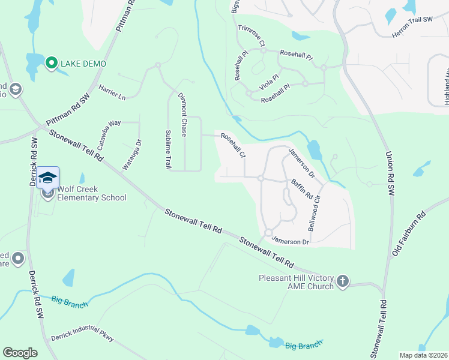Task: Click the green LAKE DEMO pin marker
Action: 52,63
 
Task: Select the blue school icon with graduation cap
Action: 48,178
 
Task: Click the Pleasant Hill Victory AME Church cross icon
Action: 343,281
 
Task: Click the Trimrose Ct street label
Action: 252,35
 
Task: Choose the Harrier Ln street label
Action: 112,92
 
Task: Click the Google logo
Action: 20,353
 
